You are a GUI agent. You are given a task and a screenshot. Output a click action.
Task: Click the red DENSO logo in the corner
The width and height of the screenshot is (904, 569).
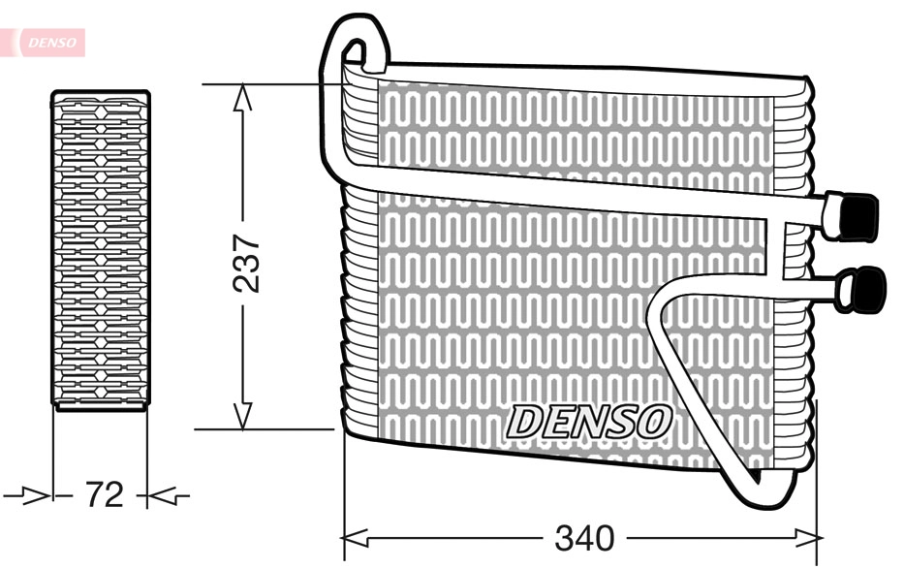click(x=48, y=42)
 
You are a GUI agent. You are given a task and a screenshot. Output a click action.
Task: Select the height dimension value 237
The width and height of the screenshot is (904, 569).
click(x=249, y=262)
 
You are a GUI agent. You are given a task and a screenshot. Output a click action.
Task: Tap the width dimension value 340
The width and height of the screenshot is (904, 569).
click(x=584, y=536)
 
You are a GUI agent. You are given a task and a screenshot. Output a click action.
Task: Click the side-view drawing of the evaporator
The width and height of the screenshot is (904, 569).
click(x=101, y=250)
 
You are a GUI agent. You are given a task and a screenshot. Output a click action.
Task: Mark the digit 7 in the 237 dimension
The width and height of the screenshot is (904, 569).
click(x=249, y=242)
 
